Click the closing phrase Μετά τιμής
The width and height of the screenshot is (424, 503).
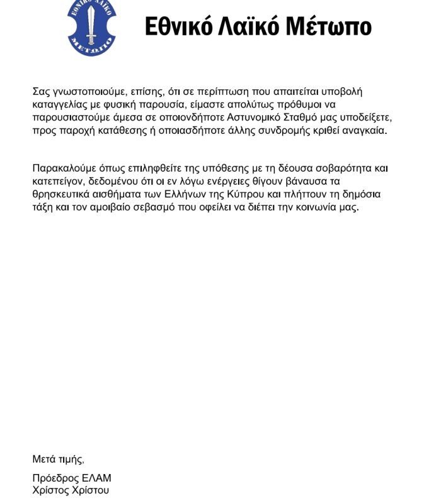tap(57, 459)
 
